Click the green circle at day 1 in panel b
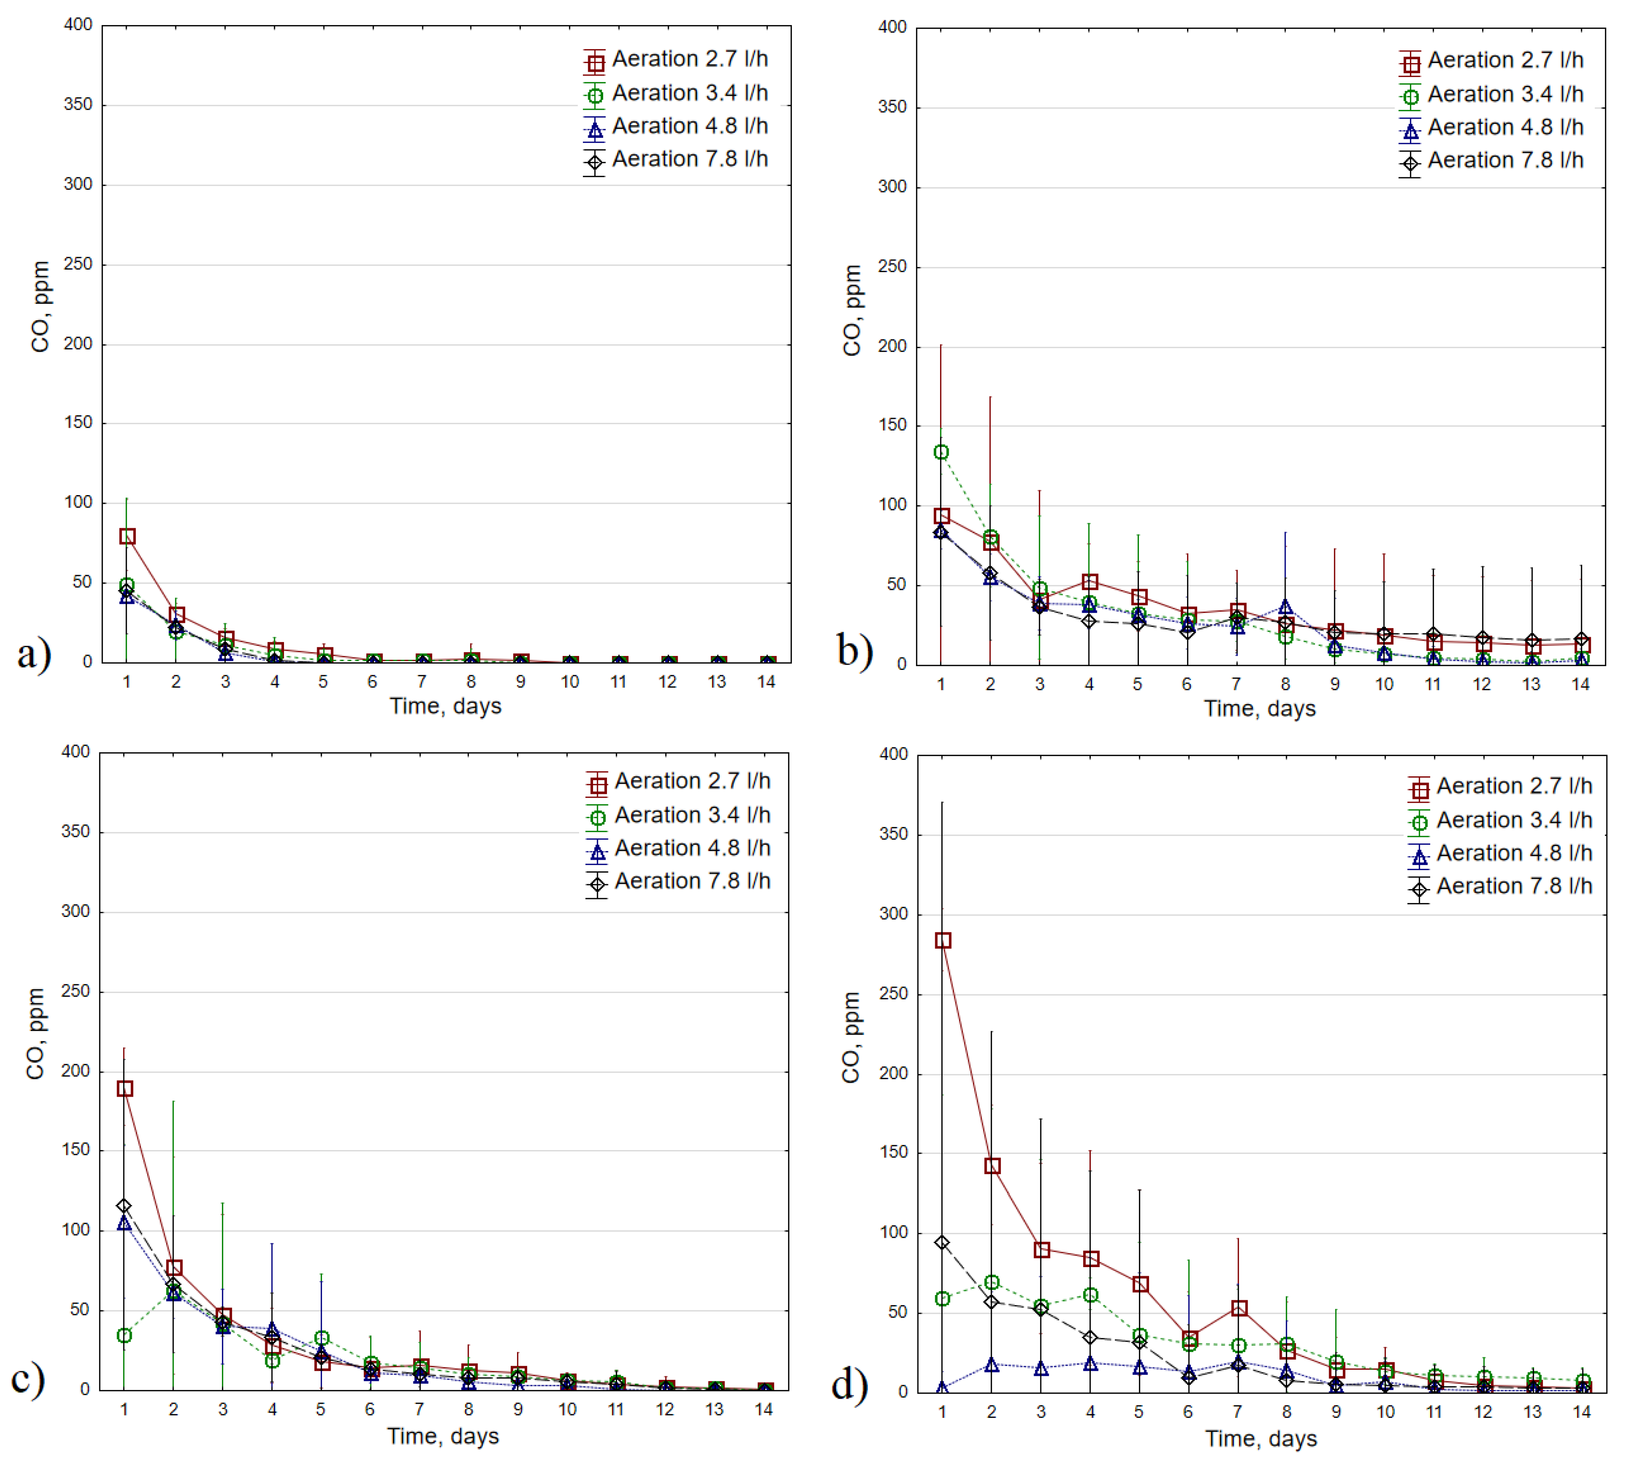click(941, 452)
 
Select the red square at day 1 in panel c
click(125, 1088)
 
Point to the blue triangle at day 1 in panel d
click(942, 1388)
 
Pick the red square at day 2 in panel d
click(992, 1165)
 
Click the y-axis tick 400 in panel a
click(78, 25)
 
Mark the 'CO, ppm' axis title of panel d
click(851, 1037)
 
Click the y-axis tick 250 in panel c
click(76, 992)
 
